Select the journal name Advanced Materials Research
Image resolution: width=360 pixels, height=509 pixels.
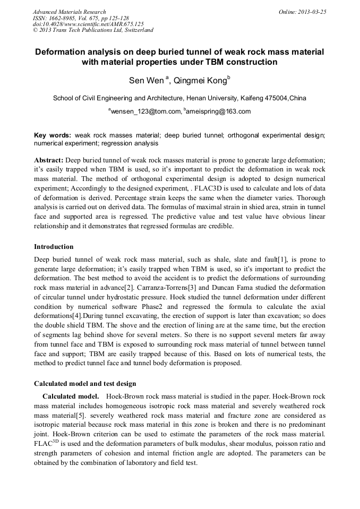(69, 11)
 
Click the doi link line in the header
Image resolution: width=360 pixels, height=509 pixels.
(88, 24)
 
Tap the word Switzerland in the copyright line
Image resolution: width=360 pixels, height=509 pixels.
(136, 30)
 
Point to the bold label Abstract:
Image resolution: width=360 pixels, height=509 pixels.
(49, 160)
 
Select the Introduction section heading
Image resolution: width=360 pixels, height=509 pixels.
(54, 247)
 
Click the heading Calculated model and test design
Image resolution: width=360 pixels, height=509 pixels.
(85, 383)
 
